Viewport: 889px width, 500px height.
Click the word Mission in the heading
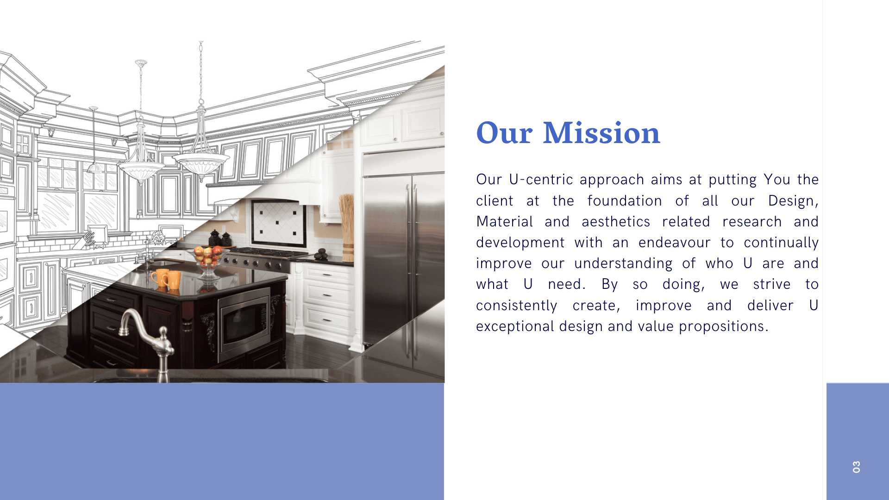pos(601,133)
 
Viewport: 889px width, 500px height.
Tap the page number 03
pos(857,467)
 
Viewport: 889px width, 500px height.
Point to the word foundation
pos(625,201)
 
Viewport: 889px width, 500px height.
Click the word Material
pos(505,222)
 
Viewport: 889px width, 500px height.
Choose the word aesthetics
pos(616,222)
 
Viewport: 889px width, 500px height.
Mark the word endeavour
pos(674,243)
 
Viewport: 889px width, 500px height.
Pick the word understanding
pos(623,263)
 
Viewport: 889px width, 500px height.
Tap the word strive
pos(772,284)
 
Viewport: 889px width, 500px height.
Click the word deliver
pos(770,306)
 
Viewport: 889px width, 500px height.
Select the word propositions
pos(723,327)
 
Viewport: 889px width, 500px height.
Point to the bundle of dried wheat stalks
pos(346,227)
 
